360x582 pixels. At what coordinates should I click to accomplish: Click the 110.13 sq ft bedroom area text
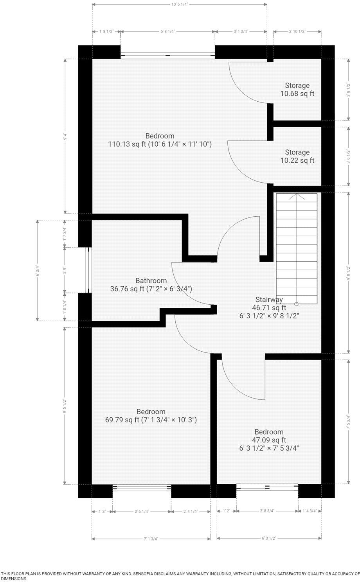[160, 144]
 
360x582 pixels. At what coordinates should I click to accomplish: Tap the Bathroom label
[151, 280]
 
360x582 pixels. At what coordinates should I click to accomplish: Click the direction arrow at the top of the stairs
[297, 197]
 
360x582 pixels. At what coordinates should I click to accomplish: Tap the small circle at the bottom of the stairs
[297, 304]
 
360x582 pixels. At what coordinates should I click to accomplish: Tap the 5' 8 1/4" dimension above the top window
[167, 31]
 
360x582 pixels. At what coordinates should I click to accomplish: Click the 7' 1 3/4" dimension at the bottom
[151, 539]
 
